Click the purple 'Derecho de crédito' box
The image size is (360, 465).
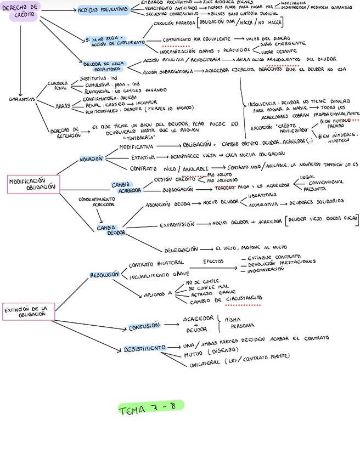(22, 10)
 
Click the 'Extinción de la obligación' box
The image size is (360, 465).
(29, 311)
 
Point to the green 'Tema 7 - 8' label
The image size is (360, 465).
(150, 409)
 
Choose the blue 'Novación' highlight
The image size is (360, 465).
(91, 158)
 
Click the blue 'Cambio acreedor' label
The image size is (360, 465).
(126, 187)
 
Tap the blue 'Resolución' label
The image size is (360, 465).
(104, 274)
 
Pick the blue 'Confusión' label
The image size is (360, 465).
(144, 327)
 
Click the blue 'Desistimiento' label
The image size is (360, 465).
(144, 348)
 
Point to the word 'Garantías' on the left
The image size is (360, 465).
(22, 99)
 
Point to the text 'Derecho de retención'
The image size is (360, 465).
(64, 132)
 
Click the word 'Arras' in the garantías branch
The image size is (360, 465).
(63, 106)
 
